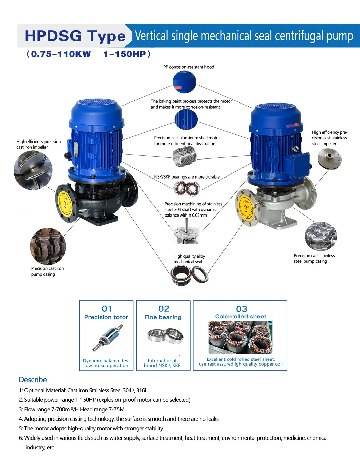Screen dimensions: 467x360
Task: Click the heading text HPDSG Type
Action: (x=75, y=36)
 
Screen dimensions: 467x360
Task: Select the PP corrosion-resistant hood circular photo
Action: (x=184, y=82)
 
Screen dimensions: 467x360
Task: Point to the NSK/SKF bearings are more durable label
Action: (x=186, y=177)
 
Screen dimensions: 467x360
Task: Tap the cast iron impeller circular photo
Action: (x=33, y=170)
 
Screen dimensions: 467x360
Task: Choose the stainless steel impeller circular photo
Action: (x=329, y=159)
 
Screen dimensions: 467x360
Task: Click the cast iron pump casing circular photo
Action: (x=48, y=246)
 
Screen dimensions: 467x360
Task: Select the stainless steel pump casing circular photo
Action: (x=320, y=236)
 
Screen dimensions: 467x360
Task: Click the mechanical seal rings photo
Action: (x=189, y=275)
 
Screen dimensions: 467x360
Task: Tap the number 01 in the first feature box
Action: (x=107, y=309)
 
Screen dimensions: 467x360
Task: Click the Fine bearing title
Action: (x=163, y=317)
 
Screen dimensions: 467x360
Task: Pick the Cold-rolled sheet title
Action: (x=240, y=316)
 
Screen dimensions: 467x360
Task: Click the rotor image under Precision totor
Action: (x=107, y=338)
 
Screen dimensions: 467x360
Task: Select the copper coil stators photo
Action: (x=240, y=338)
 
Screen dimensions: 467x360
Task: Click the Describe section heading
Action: (x=33, y=380)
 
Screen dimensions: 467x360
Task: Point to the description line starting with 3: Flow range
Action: (x=72, y=409)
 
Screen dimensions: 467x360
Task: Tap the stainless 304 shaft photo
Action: (x=186, y=231)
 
